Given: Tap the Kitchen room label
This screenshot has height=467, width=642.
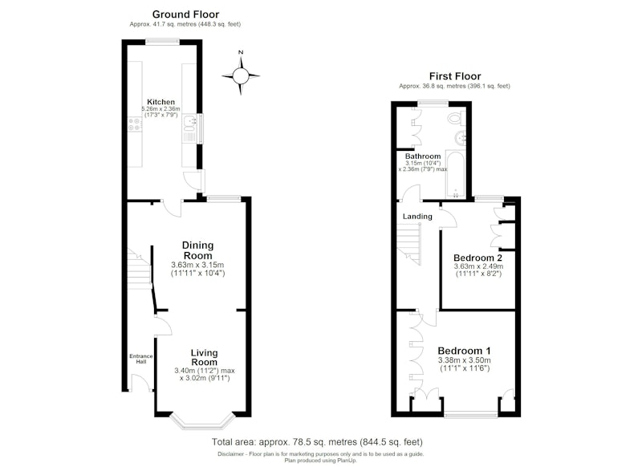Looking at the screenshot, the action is tap(161, 102).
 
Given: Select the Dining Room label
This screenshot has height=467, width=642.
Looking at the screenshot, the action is tap(197, 250).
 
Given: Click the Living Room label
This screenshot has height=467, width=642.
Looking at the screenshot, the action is tap(205, 357).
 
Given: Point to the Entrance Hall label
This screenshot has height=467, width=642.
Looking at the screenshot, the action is tap(141, 359).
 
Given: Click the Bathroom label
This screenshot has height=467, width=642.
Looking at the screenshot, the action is tap(423, 156).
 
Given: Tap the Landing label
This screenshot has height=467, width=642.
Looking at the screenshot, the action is tap(417, 217).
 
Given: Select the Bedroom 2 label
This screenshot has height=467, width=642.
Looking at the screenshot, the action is tap(477, 258).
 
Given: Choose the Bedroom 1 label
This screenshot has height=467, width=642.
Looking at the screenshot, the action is tap(465, 351).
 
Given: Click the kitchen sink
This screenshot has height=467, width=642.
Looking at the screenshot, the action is tap(189, 129).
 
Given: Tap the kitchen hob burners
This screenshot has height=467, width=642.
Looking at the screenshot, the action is tap(134, 124).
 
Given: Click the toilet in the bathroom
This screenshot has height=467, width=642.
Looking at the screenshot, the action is tap(456, 119).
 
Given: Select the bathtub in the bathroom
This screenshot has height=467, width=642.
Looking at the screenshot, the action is tap(455, 174).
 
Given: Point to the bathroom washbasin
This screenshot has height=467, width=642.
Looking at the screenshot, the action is tap(460, 137).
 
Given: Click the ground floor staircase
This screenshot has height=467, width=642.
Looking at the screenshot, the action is tap(139, 269).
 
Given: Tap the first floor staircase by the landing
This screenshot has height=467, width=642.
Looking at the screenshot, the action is tap(408, 246).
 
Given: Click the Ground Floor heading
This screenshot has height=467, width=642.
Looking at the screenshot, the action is tap(185, 14).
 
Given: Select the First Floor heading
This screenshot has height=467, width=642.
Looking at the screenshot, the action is tap(455, 76).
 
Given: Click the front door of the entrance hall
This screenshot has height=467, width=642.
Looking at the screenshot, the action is tap(140, 382).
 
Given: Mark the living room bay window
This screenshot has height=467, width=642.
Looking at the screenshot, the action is tap(202, 421).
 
